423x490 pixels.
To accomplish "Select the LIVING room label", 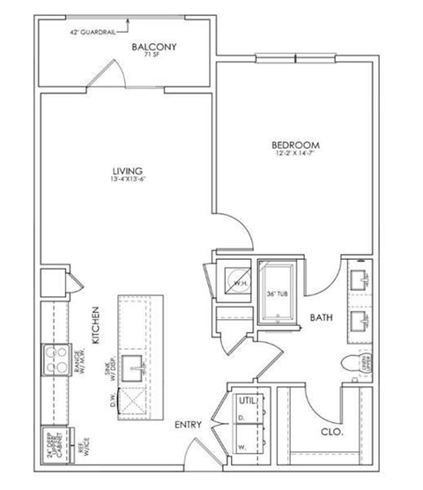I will tap(127, 171).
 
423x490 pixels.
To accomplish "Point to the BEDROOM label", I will tap(294, 145).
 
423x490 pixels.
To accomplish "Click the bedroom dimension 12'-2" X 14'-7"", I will tap(294, 155).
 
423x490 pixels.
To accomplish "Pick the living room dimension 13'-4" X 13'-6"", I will tap(127, 182).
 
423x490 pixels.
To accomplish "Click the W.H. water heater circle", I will tap(239, 282).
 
